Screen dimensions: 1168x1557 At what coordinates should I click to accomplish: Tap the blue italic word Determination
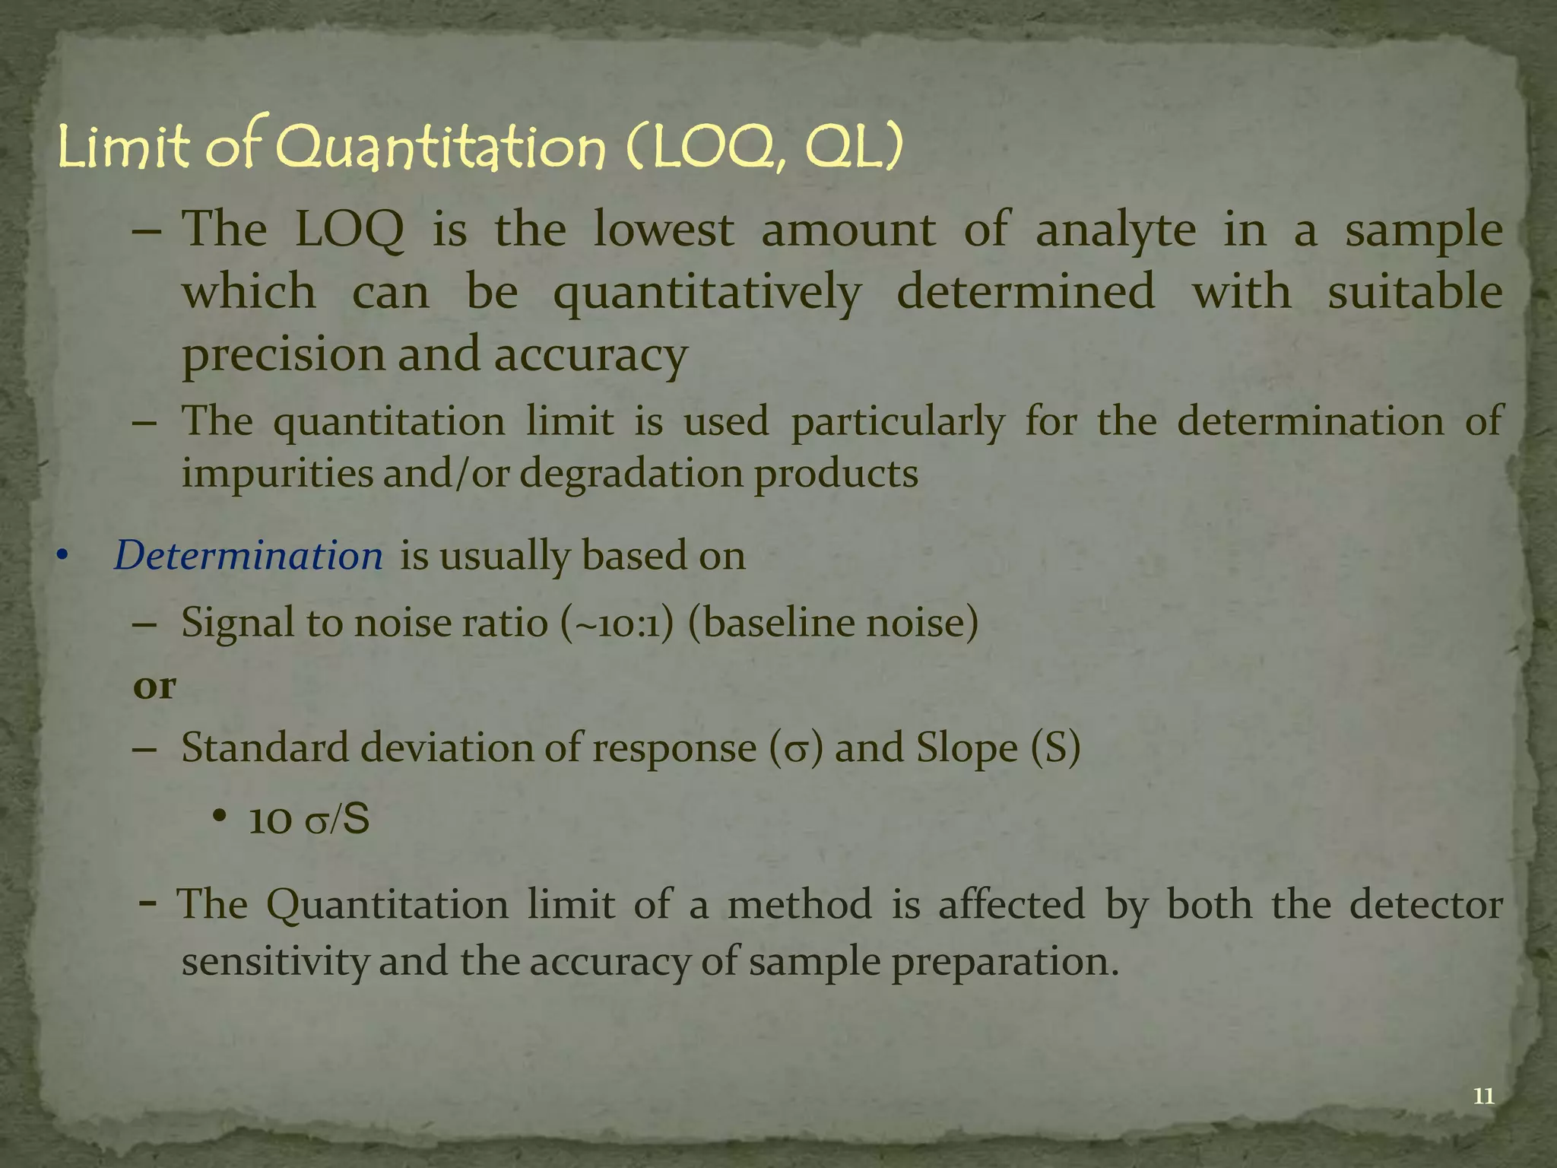coord(248,556)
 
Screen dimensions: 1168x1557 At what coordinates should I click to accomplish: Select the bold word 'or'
coord(154,686)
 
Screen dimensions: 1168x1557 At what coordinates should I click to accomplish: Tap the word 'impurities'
coord(277,474)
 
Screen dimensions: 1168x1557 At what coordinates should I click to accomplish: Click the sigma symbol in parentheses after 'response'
coord(795,750)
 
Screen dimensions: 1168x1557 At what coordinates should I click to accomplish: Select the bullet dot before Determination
coord(62,557)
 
